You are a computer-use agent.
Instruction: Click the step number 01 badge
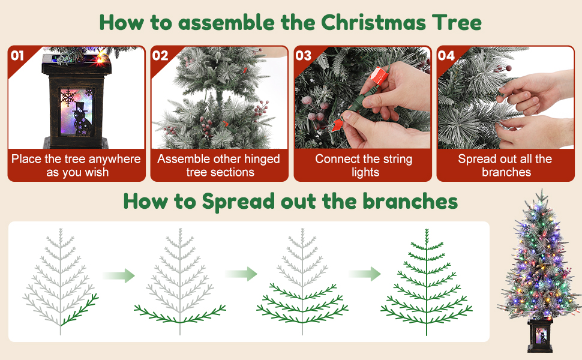pyautogui.click(x=17, y=56)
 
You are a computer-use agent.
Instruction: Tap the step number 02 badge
pyautogui.click(x=160, y=56)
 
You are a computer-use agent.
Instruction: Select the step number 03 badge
pyautogui.click(x=303, y=56)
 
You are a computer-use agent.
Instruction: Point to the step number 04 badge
pyautogui.click(x=446, y=56)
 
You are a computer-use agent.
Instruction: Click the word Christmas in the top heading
pyautogui.click(x=373, y=23)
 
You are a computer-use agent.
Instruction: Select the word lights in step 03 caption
pyautogui.click(x=365, y=173)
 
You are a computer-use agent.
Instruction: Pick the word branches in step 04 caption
pyautogui.click(x=506, y=172)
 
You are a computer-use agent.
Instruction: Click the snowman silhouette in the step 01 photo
pyautogui.click(x=82, y=118)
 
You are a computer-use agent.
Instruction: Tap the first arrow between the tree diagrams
pyautogui.click(x=119, y=275)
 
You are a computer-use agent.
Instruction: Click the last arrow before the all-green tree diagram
pyautogui.click(x=364, y=274)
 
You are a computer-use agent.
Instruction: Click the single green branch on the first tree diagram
pyautogui.click(x=80, y=310)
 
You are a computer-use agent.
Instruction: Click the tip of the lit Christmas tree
pyautogui.click(x=542, y=190)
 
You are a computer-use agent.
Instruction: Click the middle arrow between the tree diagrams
pyautogui.click(x=241, y=274)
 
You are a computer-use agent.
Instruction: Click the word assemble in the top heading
pyautogui.click(x=227, y=23)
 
